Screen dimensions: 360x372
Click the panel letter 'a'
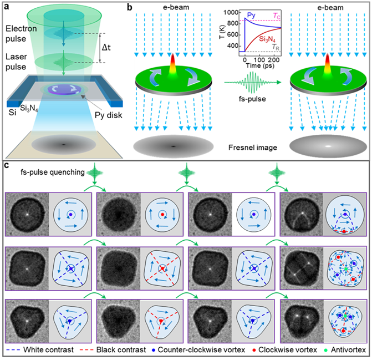click(x=6, y=7)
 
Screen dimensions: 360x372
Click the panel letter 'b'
click(x=129, y=7)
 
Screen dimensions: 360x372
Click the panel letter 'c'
click(x=6, y=166)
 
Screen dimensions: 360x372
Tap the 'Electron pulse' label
click(x=20, y=34)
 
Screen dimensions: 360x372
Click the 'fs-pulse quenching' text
click(x=53, y=173)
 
